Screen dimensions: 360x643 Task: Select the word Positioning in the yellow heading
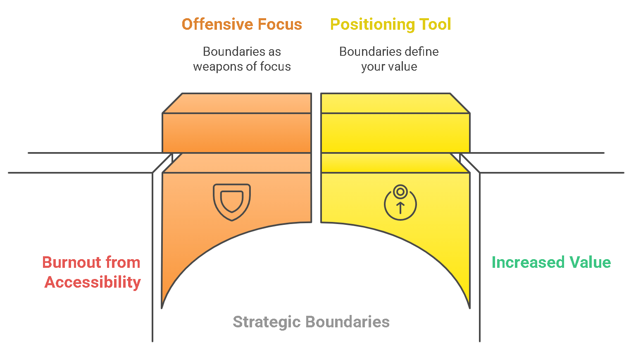click(x=372, y=24)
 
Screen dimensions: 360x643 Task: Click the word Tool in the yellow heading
click(x=435, y=24)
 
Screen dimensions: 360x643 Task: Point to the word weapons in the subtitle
click(x=218, y=67)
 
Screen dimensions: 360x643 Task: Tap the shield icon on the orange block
click(x=232, y=202)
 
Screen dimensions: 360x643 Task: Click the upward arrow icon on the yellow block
click(x=400, y=207)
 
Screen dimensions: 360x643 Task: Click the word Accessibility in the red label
click(x=93, y=282)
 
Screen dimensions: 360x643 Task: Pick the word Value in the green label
click(x=590, y=262)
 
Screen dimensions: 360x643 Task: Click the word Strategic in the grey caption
click(x=267, y=322)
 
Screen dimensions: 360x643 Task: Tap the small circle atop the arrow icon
click(x=400, y=192)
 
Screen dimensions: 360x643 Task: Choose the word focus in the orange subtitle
click(x=275, y=67)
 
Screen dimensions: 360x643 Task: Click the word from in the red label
click(x=123, y=262)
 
